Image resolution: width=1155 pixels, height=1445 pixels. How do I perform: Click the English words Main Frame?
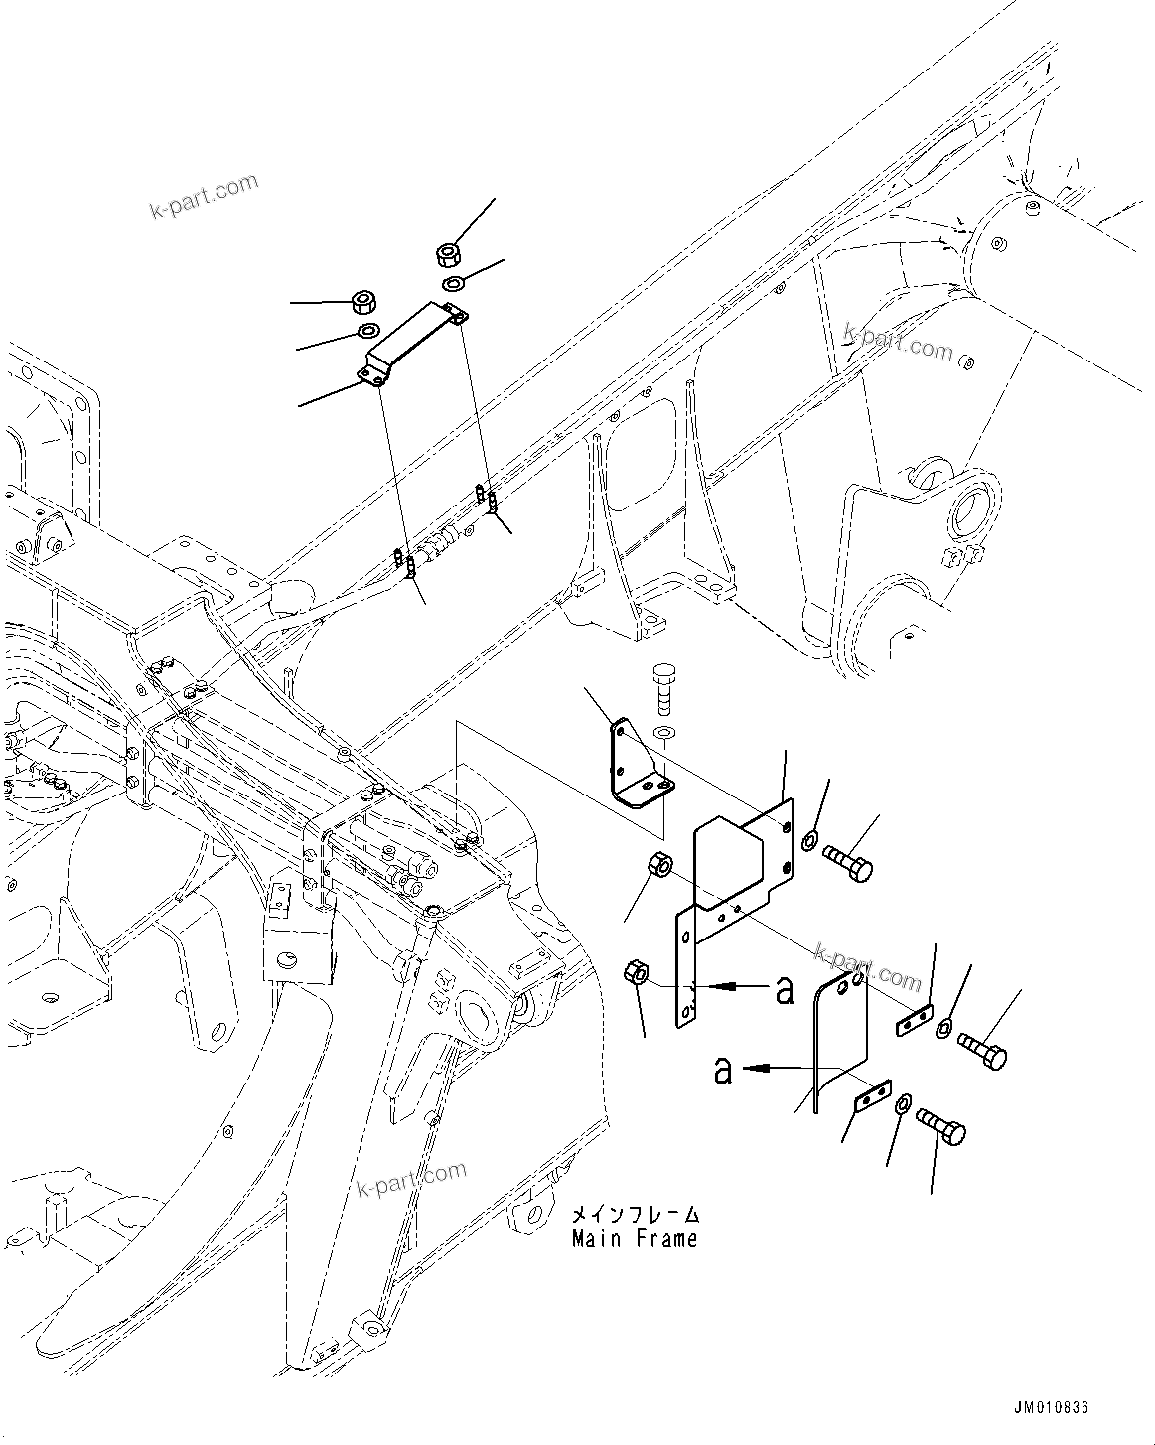pyautogui.click(x=634, y=1239)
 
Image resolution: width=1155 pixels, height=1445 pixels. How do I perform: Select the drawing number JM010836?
pyautogui.click(x=1051, y=1408)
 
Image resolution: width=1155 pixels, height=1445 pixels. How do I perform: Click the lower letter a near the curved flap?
pyautogui.click(x=723, y=1070)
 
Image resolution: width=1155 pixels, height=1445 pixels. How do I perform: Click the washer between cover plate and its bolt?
pyautogui.click(x=809, y=841)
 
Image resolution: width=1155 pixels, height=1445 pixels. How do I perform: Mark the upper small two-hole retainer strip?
pyautogui.click(x=914, y=1022)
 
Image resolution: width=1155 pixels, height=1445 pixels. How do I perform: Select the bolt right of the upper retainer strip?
pyautogui.click(x=983, y=1050)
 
